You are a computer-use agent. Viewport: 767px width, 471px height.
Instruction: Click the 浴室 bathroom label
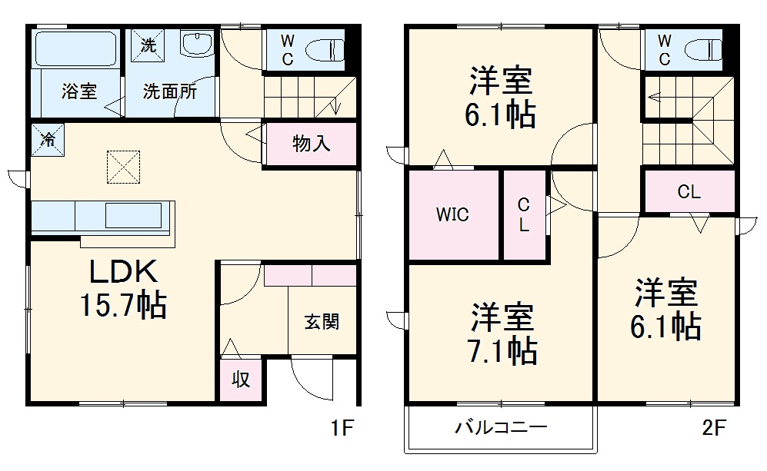[x=79, y=91]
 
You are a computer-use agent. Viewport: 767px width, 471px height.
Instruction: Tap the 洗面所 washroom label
[x=169, y=91]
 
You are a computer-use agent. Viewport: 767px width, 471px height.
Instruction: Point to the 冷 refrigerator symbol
[x=48, y=140]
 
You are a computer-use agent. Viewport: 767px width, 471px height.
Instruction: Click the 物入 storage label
[x=312, y=144]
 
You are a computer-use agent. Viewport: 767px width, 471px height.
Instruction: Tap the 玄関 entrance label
[x=322, y=322]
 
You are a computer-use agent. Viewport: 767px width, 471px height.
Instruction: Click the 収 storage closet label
[x=242, y=379]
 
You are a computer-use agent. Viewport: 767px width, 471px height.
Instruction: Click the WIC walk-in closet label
[x=453, y=215]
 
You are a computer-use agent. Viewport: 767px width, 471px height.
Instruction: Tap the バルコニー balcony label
[x=500, y=428]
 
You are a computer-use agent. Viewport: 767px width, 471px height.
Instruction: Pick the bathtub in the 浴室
[x=75, y=49]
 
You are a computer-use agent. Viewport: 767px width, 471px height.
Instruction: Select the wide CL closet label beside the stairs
[x=689, y=192]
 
